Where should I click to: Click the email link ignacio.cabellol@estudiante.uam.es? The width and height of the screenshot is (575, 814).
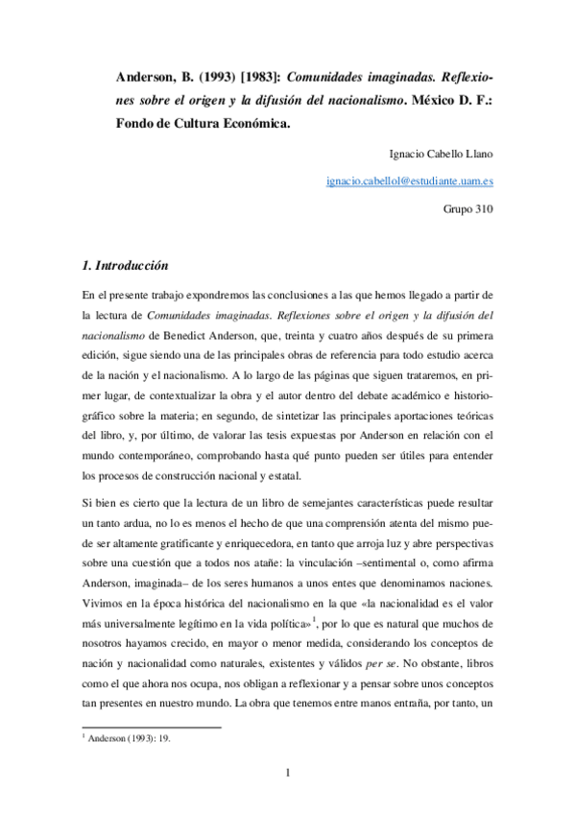410,179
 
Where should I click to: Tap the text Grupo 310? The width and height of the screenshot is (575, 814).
467,205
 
